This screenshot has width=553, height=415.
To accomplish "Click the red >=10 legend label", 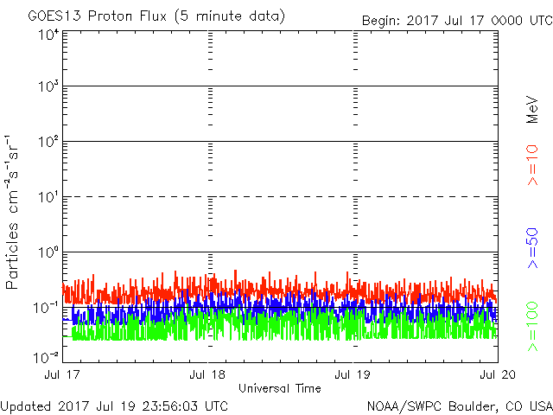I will coord(532,165).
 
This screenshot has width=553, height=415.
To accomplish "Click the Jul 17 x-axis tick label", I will coord(63,375).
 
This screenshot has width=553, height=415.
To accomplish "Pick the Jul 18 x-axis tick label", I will coord(208,375).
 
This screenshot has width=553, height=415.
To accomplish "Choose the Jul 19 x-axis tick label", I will coord(353,375).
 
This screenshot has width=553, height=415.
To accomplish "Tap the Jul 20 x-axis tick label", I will coord(497,375).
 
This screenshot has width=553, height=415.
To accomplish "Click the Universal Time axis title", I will coord(280,388).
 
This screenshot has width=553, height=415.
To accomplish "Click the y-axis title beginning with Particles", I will coord(15,212).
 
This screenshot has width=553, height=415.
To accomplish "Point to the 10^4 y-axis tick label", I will coord(48,35).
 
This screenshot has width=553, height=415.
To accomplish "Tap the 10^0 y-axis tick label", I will coord(48,254).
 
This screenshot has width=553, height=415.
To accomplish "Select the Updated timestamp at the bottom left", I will coord(115,405).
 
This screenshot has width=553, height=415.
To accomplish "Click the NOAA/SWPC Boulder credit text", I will coord(459,405).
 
